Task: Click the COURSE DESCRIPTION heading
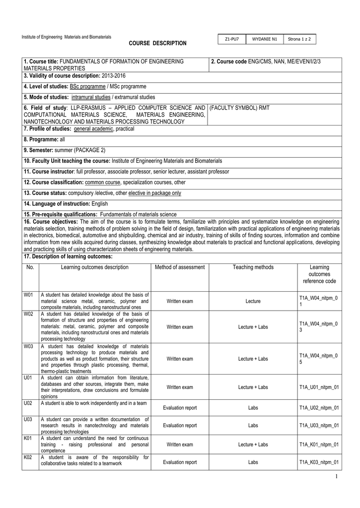(x=158, y=44)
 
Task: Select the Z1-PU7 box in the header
(x=232, y=39)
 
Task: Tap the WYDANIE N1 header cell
(x=264, y=39)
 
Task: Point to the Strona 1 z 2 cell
(x=299, y=39)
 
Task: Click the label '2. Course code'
(x=228, y=61)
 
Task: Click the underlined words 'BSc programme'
(x=91, y=86)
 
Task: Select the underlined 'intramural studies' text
(x=90, y=97)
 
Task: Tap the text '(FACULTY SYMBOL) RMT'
(x=240, y=108)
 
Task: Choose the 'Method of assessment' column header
(x=180, y=267)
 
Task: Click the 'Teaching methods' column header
(x=253, y=267)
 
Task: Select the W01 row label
(x=28, y=295)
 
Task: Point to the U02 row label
(x=28, y=403)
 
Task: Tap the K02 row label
(x=28, y=457)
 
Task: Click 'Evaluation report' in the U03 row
(x=180, y=426)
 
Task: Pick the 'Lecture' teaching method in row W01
(x=253, y=301)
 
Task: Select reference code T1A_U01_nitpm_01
(x=319, y=387)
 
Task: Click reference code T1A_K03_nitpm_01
(x=319, y=462)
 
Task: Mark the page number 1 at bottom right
(x=336, y=477)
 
